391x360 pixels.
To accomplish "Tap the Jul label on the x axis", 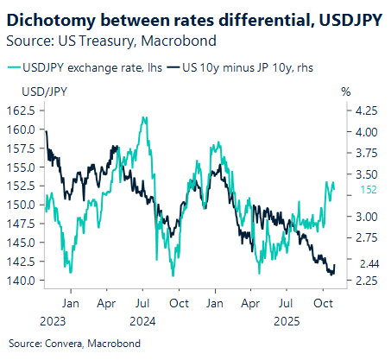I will [143, 303].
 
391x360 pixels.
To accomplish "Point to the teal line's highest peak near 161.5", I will [143, 118].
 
